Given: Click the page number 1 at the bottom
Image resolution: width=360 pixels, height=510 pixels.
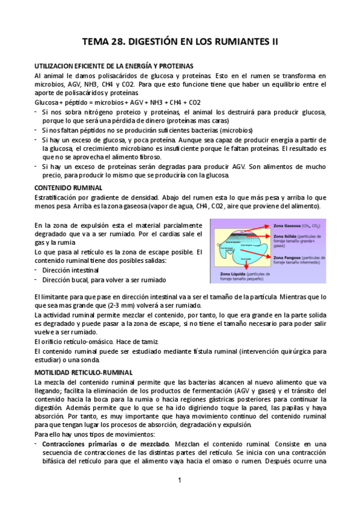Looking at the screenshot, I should [x=180, y=481].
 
